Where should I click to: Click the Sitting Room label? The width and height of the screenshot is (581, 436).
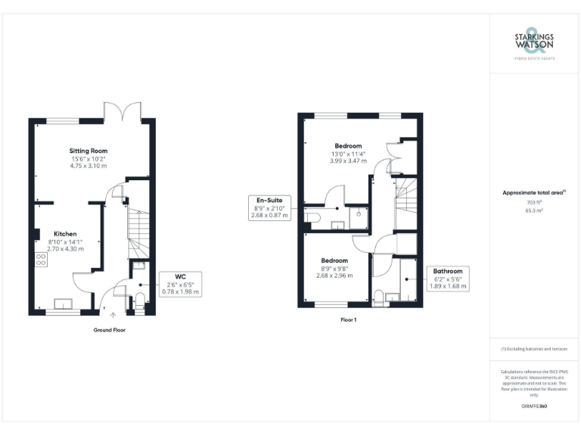click(x=89, y=151)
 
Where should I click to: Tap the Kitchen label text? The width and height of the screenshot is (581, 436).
click(x=64, y=233)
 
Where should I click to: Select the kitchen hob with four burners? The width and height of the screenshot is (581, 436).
click(x=41, y=260)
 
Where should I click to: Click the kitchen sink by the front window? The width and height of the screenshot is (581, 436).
click(x=64, y=304)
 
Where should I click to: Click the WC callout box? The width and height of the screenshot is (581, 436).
click(x=180, y=284)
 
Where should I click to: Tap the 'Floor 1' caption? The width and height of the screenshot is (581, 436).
click(x=349, y=320)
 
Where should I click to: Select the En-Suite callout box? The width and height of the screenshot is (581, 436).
click(x=269, y=207)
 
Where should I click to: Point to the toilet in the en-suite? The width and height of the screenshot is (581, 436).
click(x=312, y=218)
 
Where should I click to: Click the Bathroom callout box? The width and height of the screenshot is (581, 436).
click(x=448, y=279)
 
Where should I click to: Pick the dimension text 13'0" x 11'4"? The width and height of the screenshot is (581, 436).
click(x=348, y=154)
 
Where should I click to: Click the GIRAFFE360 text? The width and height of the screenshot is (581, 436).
click(x=534, y=406)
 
